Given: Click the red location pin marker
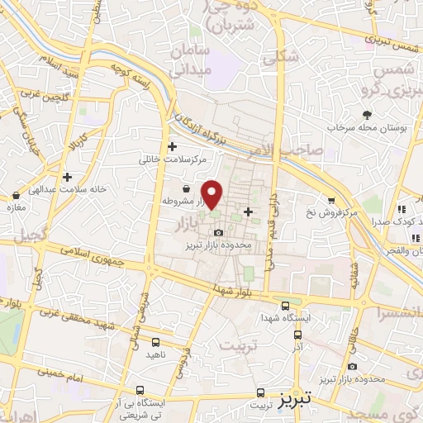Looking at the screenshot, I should pos(212,194).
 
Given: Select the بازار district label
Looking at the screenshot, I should pos(189,223).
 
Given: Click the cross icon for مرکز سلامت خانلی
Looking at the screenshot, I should pos(172,147).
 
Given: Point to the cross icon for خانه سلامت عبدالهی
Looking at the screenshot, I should pos(66,176).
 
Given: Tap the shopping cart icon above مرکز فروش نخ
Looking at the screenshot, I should pos(331,201).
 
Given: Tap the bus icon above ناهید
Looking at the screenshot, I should pos(156,341).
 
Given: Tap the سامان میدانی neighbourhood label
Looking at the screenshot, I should pos(191,61).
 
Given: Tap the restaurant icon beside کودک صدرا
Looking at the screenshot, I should pos(402,211).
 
